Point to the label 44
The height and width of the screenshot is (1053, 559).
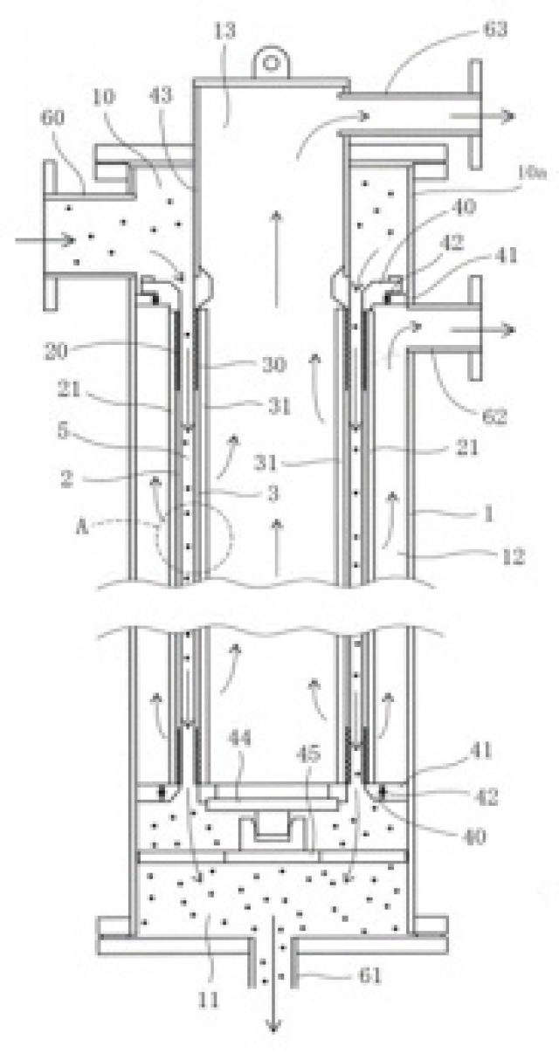tap(240, 739)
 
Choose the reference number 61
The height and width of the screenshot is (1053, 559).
tap(370, 974)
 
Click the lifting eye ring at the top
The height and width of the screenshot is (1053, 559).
tap(270, 60)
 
